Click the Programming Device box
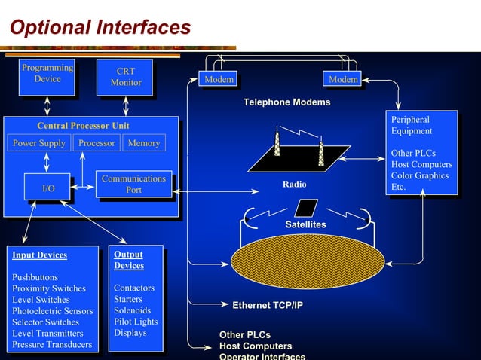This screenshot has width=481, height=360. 47,74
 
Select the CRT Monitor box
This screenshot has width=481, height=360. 125,77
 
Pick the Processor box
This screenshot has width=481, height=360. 97,143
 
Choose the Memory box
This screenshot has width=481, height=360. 144,143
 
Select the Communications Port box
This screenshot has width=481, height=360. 133,185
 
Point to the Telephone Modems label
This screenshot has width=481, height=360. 286,102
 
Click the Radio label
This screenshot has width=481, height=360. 295,185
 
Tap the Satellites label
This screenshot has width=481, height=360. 305,225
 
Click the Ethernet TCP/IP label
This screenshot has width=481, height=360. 267,306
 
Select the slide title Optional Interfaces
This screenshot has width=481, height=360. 100,28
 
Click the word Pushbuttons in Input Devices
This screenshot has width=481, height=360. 35,277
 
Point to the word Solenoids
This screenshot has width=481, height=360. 132,310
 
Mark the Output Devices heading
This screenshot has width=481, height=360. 129,260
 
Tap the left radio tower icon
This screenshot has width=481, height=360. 277,144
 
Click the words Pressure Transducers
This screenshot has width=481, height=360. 52,345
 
